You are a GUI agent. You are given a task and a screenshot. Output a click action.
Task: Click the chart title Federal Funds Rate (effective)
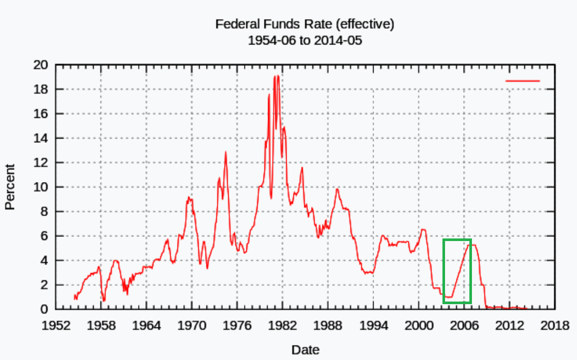coord(304,24)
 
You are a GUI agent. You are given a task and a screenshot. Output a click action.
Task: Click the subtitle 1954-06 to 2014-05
coord(304,40)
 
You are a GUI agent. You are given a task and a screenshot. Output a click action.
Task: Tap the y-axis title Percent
coord(9,187)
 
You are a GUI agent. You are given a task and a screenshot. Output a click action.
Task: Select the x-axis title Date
coord(305,350)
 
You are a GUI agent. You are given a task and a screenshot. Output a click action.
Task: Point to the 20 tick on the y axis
coord(40,65)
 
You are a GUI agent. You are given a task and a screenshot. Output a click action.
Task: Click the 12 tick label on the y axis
coord(40,162)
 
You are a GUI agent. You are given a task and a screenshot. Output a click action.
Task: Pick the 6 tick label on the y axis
coord(44,236)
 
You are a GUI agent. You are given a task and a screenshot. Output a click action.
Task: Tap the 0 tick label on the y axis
coord(44,309)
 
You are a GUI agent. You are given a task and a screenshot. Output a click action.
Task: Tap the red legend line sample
coord(523,81)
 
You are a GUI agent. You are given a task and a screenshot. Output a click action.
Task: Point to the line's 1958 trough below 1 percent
coord(103,301)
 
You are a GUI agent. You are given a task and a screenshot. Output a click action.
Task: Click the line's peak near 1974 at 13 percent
coord(226,152)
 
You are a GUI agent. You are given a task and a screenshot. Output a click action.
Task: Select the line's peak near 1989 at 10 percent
coord(337,189)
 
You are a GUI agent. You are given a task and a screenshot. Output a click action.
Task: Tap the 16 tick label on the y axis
coord(40,114)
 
